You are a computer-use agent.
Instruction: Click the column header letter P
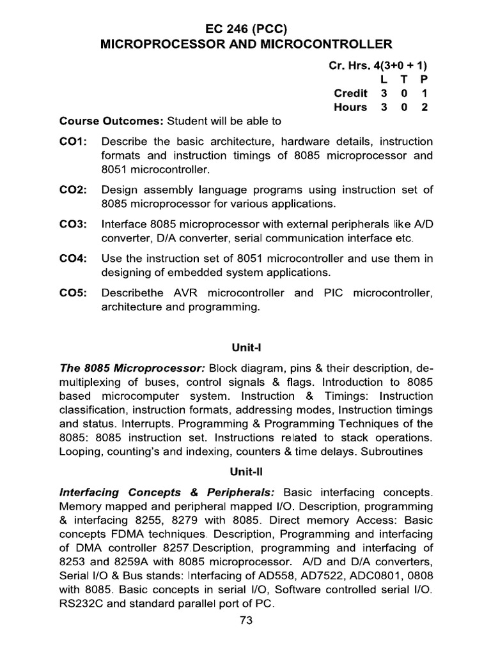(423, 79)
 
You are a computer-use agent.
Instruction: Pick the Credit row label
(350, 93)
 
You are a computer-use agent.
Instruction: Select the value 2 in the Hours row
(423, 107)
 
